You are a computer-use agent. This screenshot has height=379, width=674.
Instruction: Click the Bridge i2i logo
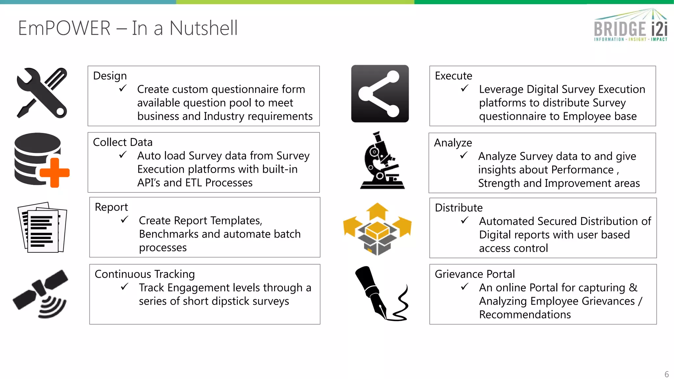click(x=631, y=26)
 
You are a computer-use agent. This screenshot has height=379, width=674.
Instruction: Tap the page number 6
click(x=666, y=374)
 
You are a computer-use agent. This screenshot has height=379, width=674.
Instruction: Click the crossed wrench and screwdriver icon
click(x=42, y=93)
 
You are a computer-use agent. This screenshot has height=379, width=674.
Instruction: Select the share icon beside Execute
click(x=380, y=94)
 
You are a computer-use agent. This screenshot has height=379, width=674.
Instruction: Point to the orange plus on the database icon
click(x=55, y=173)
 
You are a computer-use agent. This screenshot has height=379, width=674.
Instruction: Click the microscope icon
click(x=382, y=161)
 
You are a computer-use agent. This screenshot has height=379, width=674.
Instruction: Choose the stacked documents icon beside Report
click(x=42, y=227)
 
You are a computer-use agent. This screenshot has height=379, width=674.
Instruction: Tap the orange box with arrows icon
click(x=377, y=229)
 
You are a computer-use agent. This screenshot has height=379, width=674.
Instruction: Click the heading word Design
click(x=110, y=76)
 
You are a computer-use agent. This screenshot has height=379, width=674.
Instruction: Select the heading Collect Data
click(x=123, y=142)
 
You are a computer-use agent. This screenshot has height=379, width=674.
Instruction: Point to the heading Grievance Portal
click(x=475, y=274)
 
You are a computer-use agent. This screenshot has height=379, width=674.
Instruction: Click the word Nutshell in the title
click(x=203, y=28)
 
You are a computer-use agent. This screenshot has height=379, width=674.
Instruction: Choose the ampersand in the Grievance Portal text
click(x=633, y=288)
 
